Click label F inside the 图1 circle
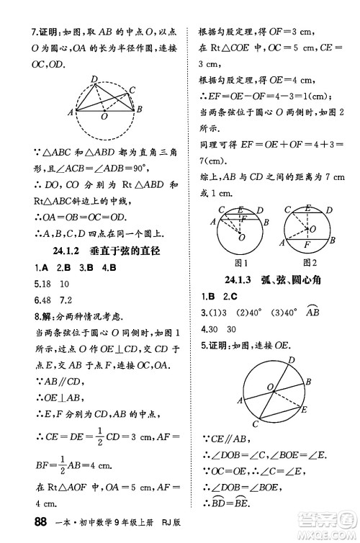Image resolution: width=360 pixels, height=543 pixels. tap(244, 218)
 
